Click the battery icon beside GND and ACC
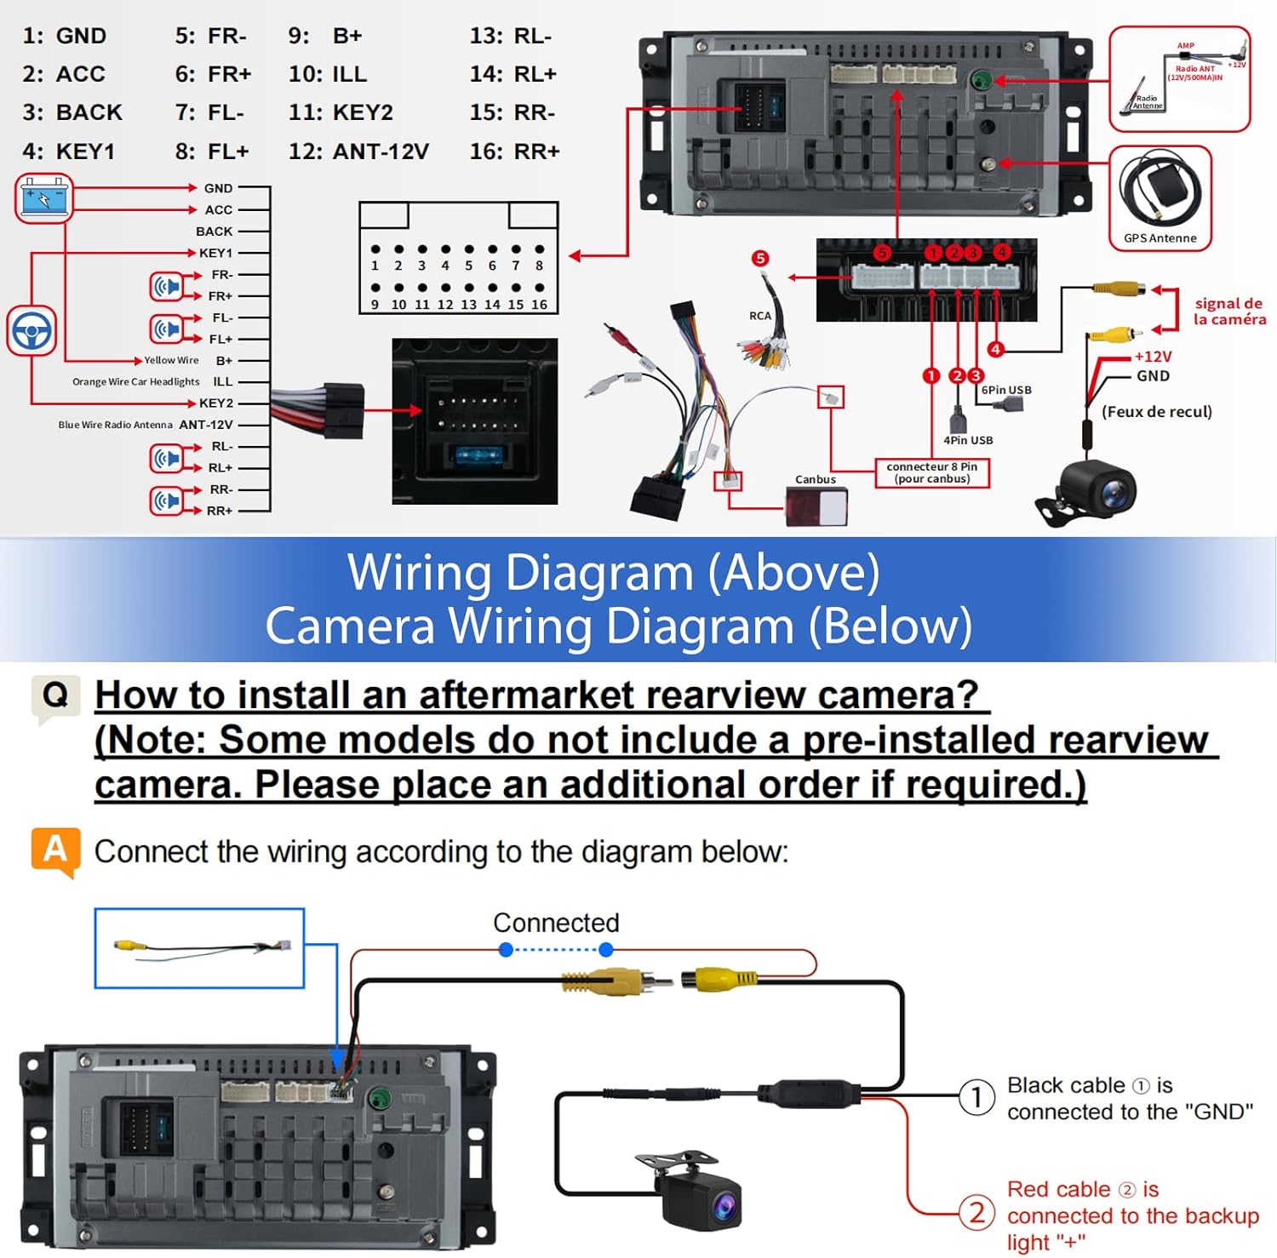tap(44, 198)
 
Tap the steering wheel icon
tap(31, 330)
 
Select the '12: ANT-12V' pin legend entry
tap(358, 152)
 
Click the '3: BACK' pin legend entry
tap(72, 112)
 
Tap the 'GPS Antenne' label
tap(1160, 238)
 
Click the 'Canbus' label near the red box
tap(815, 479)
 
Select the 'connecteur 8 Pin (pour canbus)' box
tap(932, 472)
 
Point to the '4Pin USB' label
tap(968, 440)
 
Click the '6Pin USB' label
tap(1006, 390)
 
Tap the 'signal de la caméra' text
tap(1228, 312)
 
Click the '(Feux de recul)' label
tap(1156, 412)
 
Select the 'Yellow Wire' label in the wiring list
tap(171, 360)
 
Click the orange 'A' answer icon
tap(55, 849)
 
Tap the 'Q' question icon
tap(55, 696)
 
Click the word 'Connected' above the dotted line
tap(556, 923)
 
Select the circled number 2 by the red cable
tap(977, 1212)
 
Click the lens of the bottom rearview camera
tap(724, 1205)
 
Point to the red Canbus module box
tap(816, 507)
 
